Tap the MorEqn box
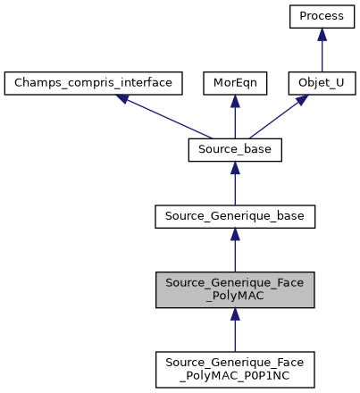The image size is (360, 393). click(x=235, y=84)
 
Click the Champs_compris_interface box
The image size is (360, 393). click(x=94, y=84)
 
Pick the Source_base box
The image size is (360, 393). click(x=235, y=151)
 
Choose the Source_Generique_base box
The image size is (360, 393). click(x=235, y=217)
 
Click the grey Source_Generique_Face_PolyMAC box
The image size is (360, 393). click(x=235, y=289)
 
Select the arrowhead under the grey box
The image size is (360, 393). click(x=235, y=314)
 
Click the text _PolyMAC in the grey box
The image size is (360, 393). click(x=235, y=297)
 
